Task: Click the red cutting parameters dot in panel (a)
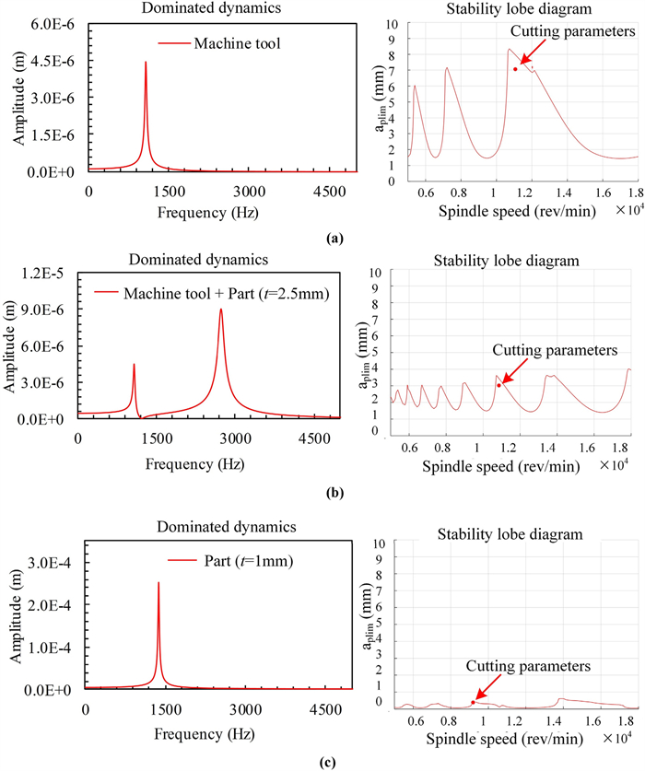point(515,69)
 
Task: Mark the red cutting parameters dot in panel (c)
point(474,702)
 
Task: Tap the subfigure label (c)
point(322,761)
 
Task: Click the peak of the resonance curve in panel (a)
point(146,63)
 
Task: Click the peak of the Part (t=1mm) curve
point(158,583)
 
